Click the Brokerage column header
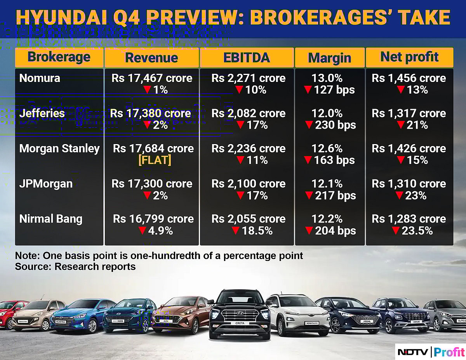coord(59,57)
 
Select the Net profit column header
coord(409,57)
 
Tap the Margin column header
coord(330,58)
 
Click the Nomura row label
coord(40,78)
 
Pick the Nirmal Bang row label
coord(51,219)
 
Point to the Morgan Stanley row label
coord(59,148)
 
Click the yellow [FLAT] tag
coord(155,160)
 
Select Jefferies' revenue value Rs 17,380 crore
coord(151,113)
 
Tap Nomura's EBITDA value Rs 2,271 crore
coord(249,78)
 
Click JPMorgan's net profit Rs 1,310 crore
coord(409,184)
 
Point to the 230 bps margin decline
coord(335,125)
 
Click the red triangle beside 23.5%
coord(395,231)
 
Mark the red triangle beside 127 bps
coord(308,90)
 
